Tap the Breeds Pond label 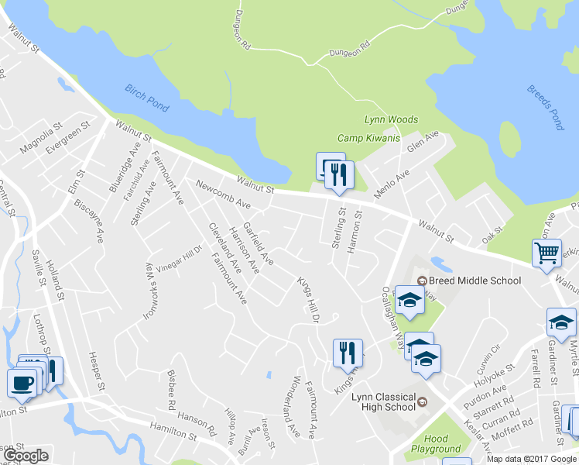(x=546, y=107)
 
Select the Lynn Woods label (x=391, y=120)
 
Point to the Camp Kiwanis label (x=368, y=138)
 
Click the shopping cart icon (x=546, y=253)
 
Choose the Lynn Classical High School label (x=384, y=402)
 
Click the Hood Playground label (x=436, y=443)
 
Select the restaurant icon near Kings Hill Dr (x=348, y=353)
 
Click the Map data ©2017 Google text (x=532, y=458)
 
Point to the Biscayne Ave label (x=88, y=221)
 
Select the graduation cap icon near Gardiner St (x=561, y=321)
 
